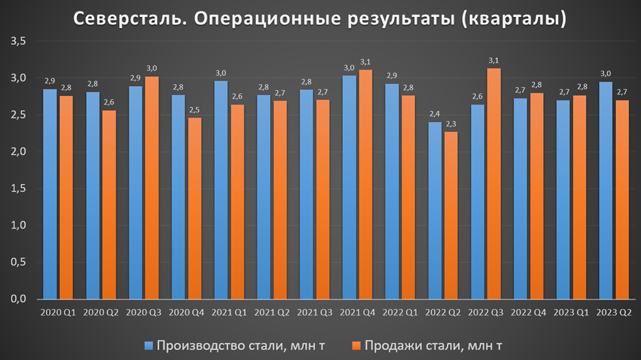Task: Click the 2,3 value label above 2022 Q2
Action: click(x=452, y=124)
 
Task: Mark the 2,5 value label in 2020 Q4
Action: click(x=195, y=110)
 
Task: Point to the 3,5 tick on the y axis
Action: click(x=18, y=41)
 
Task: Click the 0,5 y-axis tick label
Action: click(x=18, y=262)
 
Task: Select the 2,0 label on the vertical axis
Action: click(x=18, y=152)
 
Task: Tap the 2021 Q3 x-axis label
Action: click(x=314, y=312)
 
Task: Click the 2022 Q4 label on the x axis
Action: click(x=529, y=312)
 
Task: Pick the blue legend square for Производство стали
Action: click(x=149, y=344)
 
